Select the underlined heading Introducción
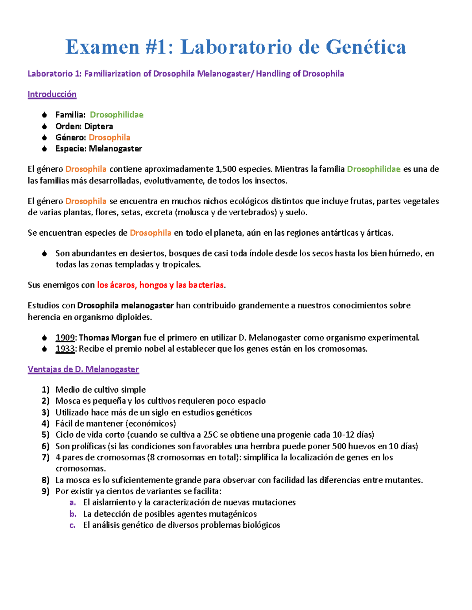pyautogui.click(x=52, y=94)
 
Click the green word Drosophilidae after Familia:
pyautogui.click(x=116, y=115)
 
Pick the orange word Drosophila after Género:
pyautogui.click(x=109, y=137)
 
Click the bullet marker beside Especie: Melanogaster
pyautogui.click(x=45, y=149)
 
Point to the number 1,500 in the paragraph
pyautogui.click(x=226, y=169)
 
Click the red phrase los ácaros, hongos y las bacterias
pyautogui.click(x=160, y=285)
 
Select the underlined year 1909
pyautogui.click(x=65, y=338)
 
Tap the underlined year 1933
pyautogui.click(x=65, y=349)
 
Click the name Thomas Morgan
pyautogui.click(x=110, y=338)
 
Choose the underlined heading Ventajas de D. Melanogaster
pyautogui.click(x=83, y=370)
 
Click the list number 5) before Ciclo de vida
pyautogui.click(x=46, y=435)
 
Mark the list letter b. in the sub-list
pyautogui.click(x=73, y=514)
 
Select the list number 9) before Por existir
pyautogui.click(x=46, y=491)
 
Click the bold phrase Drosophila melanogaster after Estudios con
pyautogui.click(x=125, y=306)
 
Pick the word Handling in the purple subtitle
pyautogui.click(x=273, y=74)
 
